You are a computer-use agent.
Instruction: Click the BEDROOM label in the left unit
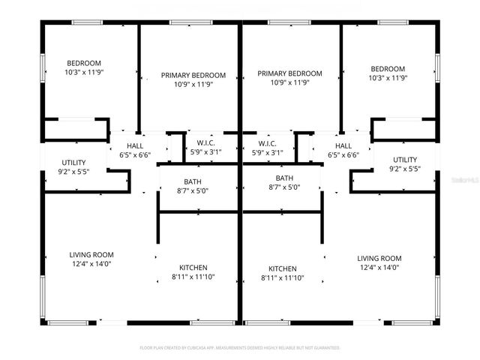[x=84, y=63]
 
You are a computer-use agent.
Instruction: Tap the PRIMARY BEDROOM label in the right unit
[x=289, y=73]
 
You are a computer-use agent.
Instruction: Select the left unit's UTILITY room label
[x=73, y=162]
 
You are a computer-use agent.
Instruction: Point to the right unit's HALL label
[x=343, y=145]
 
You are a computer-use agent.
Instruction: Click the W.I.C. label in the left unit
[x=206, y=143]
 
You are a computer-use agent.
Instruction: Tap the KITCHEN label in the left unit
[x=193, y=268]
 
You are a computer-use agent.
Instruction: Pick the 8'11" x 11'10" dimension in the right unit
[x=283, y=278]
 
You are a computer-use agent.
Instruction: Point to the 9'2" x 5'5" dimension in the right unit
[x=405, y=169]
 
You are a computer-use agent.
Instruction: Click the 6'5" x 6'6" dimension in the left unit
[x=135, y=155]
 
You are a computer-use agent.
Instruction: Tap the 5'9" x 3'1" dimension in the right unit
[x=268, y=152]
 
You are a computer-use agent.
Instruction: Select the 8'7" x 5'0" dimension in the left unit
[x=193, y=190]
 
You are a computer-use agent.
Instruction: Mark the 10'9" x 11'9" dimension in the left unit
[x=193, y=84]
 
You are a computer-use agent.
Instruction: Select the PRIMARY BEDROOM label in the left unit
[x=193, y=75]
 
